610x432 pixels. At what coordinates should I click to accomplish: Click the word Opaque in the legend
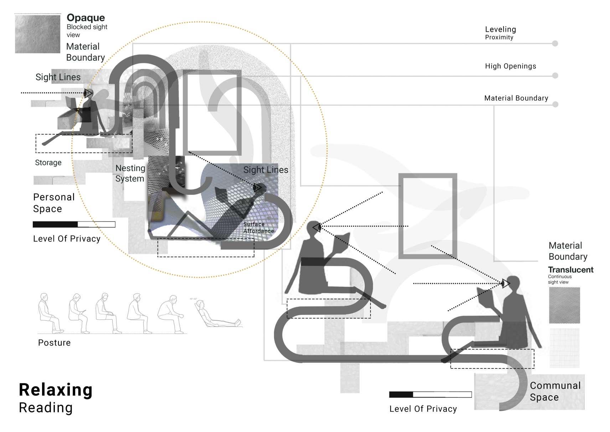click(86, 18)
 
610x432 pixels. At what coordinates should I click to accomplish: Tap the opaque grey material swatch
click(37, 34)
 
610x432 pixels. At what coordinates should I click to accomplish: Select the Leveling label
click(500, 30)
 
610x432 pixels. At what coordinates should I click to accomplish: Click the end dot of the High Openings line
click(555, 76)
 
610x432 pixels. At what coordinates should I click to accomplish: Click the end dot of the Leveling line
click(555, 44)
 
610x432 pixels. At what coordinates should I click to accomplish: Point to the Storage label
click(48, 163)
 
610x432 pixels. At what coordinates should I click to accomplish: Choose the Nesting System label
click(130, 173)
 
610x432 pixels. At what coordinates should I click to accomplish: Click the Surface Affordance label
click(258, 228)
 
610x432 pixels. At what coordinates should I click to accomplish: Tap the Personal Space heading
click(54, 203)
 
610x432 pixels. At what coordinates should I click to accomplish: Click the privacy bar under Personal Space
click(74, 224)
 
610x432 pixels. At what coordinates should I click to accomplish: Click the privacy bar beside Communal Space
click(430, 395)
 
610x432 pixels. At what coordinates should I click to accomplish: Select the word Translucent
click(570, 270)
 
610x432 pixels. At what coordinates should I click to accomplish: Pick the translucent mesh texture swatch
click(564, 305)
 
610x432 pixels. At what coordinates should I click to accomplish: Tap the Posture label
click(54, 343)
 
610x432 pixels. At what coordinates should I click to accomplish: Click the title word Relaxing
click(56, 390)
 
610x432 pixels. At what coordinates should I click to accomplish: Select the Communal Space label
click(555, 391)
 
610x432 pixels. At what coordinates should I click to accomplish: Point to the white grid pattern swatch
click(564, 348)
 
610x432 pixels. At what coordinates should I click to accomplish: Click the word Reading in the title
click(46, 408)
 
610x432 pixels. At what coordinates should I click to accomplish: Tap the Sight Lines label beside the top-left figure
click(58, 77)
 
